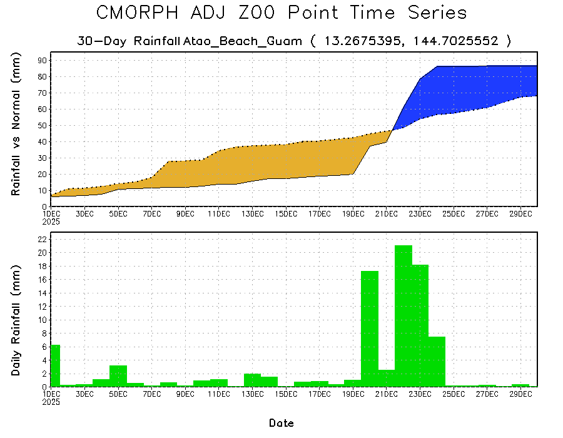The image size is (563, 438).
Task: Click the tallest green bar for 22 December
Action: [403, 316]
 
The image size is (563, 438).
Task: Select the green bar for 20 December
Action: [370, 328]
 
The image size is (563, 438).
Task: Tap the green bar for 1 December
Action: [55, 365]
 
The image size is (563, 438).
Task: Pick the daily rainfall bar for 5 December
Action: [118, 375]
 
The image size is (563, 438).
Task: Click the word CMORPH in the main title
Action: [142, 13]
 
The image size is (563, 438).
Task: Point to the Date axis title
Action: [281, 423]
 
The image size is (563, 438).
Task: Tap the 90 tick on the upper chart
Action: [43, 60]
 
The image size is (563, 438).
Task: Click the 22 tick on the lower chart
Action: [43, 239]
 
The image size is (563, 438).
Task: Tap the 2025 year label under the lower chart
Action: [59, 402]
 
